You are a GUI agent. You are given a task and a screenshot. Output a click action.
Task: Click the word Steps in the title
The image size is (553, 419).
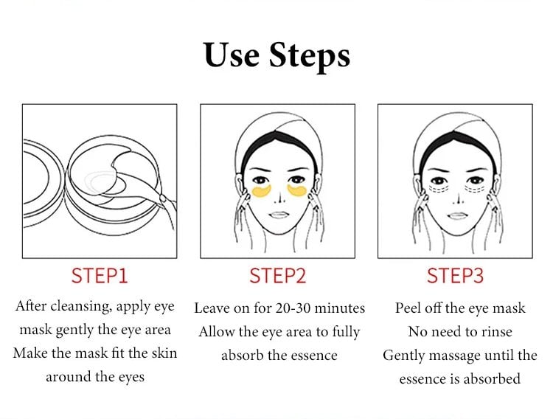tap(310, 56)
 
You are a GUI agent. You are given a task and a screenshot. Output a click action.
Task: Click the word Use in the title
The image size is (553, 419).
tap(231, 55)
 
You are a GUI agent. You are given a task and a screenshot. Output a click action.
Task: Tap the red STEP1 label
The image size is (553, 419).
tap(100, 276)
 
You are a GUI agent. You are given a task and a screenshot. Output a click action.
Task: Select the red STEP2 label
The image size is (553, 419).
tap(277, 276)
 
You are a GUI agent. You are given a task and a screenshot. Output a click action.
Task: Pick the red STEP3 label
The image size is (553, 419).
tap(455, 276)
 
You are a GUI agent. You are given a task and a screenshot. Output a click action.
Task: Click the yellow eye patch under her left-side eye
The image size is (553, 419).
tap(262, 191)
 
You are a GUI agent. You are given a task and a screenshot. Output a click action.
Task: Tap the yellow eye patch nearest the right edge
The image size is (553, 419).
tap(297, 190)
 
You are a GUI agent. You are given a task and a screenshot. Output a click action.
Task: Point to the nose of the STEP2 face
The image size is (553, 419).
tap(280, 198)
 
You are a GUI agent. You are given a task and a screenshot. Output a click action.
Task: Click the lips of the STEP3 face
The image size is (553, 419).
tap(457, 215)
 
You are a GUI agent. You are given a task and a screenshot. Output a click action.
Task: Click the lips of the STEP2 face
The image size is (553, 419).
tap(279, 215)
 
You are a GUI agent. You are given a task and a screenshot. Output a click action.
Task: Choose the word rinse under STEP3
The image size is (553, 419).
tap(495, 331)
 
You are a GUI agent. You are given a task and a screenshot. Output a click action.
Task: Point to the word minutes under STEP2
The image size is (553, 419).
tap(339, 308)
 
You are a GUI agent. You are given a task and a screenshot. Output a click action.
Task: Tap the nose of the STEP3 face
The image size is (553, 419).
tap(459, 198)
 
